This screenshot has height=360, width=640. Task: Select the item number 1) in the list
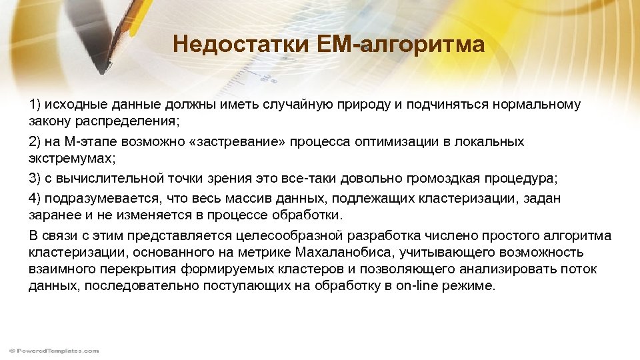pyautogui.click(x=35, y=105)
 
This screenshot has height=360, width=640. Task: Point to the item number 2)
pyautogui.click(x=35, y=142)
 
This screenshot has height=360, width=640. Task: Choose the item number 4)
pyautogui.click(x=35, y=198)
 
